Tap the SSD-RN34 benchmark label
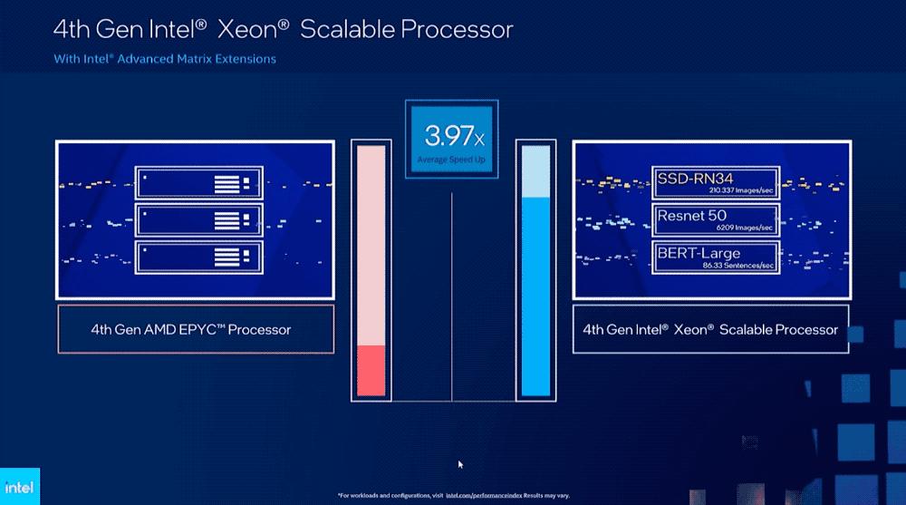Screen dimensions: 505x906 (x=696, y=178)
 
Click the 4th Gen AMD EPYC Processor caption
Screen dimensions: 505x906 (x=191, y=330)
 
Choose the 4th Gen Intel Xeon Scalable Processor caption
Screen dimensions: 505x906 (x=710, y=330)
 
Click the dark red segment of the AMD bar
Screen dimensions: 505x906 (x=372, y=370)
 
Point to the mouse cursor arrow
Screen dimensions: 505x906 (x=460, y=464)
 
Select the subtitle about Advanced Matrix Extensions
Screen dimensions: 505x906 (x=164, y=59)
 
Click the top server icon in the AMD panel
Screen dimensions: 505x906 (x=198, y=182)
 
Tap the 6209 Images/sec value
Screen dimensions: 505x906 (x=746, y=227)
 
